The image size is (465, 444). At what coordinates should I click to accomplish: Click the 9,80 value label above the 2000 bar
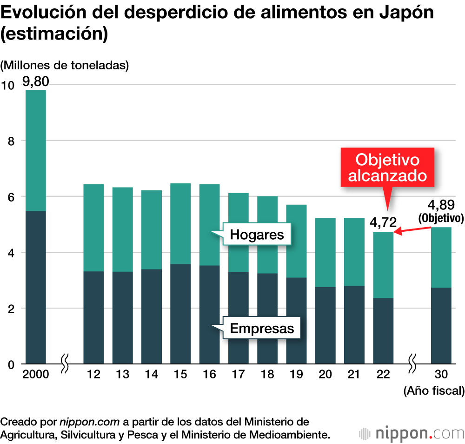click(35, 82)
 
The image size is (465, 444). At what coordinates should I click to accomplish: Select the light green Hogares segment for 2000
click(35, 150)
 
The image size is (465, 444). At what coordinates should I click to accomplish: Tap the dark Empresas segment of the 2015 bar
click(180, 314)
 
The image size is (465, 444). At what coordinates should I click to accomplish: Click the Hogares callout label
click(257, 235)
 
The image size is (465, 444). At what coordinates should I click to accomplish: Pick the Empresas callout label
click(262, 329)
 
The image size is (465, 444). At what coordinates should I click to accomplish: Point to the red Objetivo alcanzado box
click(387, 168)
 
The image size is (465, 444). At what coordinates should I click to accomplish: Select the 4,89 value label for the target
click(442, 205)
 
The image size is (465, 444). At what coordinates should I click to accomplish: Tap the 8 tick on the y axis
click(11, 141)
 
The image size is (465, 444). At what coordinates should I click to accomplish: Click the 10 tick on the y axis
click(8, 85)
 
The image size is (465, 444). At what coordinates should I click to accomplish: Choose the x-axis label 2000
click(35, 375)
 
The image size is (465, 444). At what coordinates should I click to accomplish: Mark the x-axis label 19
click(296, 375)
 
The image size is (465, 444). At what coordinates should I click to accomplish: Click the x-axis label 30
click(441, 375)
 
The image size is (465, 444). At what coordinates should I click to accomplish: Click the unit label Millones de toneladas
click(65, 66)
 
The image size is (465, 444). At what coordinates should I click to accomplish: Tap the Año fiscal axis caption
click(434, 391)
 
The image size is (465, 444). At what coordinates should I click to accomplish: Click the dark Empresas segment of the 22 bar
click(384, 331)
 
